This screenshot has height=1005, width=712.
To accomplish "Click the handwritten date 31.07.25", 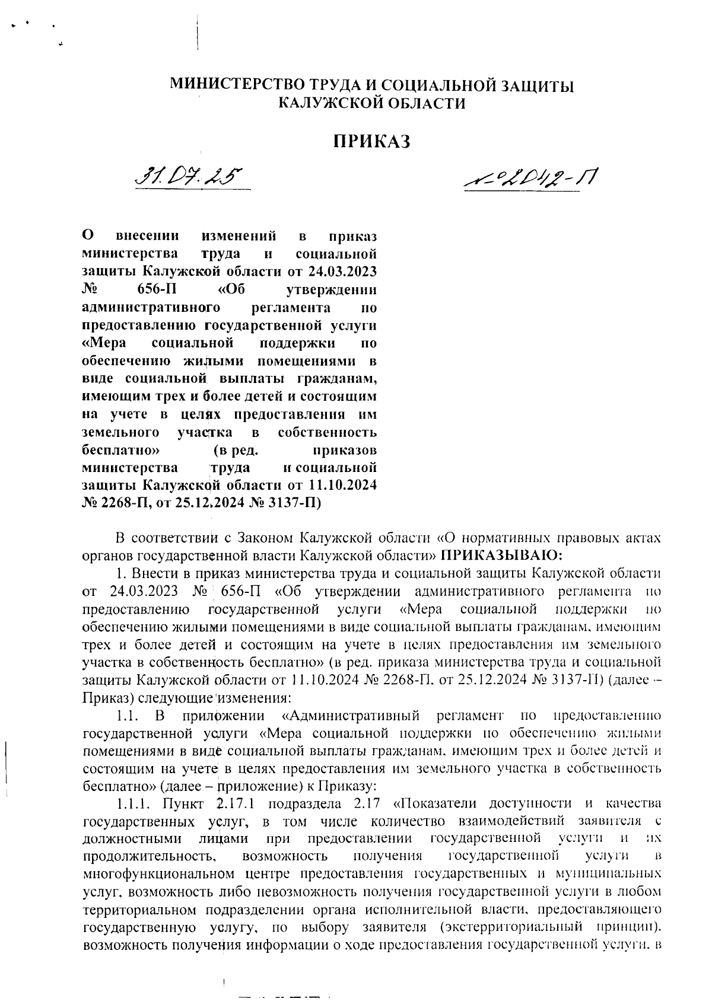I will coord(190,176).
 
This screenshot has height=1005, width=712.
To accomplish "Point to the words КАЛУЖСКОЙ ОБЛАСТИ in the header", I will coord(372,104).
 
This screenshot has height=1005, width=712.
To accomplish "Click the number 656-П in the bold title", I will coord(156,291).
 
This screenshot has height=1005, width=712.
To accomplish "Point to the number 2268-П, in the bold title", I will coord(125,504).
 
